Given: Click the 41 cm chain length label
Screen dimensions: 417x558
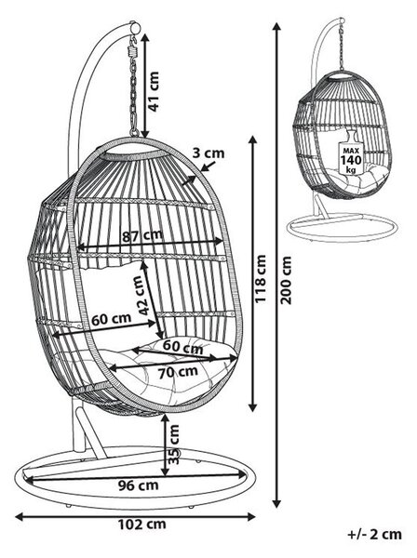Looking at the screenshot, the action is point(154,91).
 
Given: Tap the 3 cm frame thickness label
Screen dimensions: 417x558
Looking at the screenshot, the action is point(208,153).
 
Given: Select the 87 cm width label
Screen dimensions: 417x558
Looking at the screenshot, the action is point(142,235).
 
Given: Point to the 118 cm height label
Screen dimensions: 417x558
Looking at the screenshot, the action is point(261,279).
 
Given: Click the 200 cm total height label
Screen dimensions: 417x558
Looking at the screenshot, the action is point(286,280).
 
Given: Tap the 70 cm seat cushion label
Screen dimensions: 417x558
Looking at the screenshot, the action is point(178,372).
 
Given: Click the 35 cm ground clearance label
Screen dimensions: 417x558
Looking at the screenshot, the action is point(174,445).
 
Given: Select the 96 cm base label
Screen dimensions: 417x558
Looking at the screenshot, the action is point(138,485).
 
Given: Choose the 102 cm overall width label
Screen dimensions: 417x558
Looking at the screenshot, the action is point(142,525).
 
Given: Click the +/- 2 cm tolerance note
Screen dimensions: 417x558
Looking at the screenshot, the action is point(374,534).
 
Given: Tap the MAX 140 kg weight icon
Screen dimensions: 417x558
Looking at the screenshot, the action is point(351,153).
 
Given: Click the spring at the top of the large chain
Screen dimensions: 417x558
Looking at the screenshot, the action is point(133,51).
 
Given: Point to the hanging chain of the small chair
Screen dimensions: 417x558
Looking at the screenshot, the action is point(341,46).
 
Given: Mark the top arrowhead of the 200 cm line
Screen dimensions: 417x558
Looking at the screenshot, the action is point(276,27).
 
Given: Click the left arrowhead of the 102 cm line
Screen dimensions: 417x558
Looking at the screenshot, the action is point(20,516).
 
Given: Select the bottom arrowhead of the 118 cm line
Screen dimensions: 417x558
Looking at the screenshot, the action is point(252,407).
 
